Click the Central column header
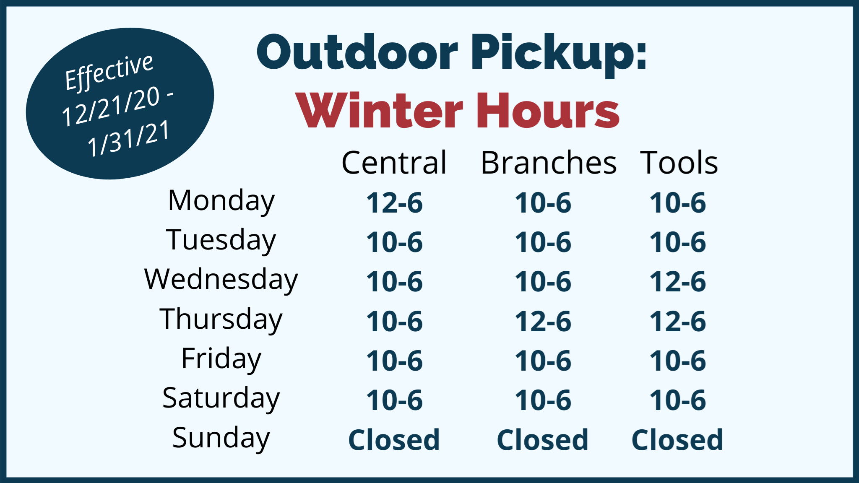[x=394, y=163]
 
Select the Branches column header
[x=549, y=163]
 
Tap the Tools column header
[x=679, y=163]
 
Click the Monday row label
[x=221, y=201]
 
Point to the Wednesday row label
[x=221, y=280]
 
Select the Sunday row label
[x=221, y=438]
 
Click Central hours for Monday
[x=395, y=203]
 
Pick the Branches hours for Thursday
[x=543, y=322]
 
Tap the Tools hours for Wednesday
[x=678, y=282]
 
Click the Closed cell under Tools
[x=677, y=440]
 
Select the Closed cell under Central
[x=394, y=440]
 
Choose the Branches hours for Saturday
[x=543, y=400]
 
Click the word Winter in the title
[x=379, y=111]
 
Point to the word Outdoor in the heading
[x=357, y=52]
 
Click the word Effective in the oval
[x=109, y=72]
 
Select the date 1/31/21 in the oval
[x=128, y=138]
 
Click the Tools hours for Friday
[x=678, y=361]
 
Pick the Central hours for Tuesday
[x=395, y=242]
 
